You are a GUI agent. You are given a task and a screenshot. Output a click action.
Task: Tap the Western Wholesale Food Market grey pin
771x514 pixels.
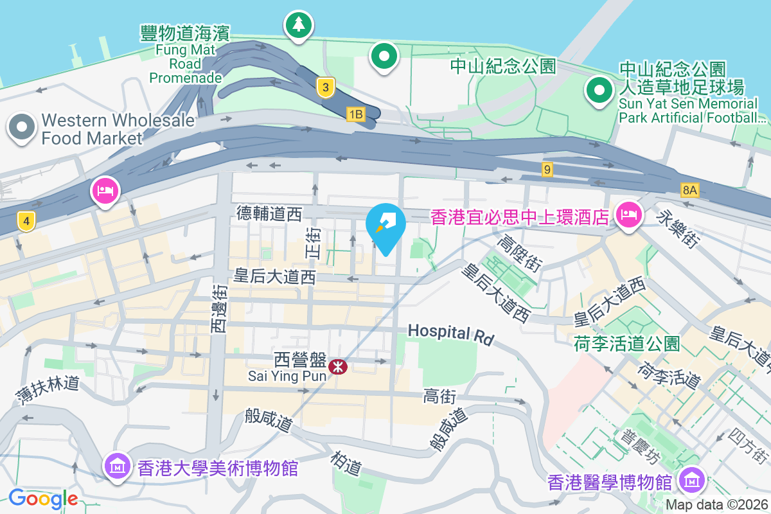click(22, 127)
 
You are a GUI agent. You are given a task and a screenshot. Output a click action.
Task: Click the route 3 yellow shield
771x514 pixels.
click(326, 87)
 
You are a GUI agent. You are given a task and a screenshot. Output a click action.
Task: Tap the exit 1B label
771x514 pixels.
click(355, 114)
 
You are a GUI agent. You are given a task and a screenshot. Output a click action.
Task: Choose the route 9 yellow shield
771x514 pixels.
click(547, 170)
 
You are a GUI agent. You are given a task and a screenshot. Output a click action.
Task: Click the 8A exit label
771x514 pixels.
click(689, 190)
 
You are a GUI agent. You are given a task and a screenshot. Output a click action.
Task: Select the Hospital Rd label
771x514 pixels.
click(450, 333)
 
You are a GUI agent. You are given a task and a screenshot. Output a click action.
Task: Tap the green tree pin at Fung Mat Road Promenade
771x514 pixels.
click(297, 26)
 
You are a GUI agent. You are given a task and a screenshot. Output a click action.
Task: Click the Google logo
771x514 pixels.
click(43, 498)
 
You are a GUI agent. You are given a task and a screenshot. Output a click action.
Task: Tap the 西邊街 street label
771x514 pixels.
click(219, 309)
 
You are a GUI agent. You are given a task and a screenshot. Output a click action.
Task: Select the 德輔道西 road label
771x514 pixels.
click(269, 213)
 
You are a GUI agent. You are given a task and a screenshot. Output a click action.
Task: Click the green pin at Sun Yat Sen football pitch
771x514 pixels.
click(599, 91)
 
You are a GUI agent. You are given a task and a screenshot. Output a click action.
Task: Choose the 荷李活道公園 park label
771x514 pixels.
click(626, 344)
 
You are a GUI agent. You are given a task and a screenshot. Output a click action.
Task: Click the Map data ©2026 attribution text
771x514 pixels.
click(716, 504)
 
